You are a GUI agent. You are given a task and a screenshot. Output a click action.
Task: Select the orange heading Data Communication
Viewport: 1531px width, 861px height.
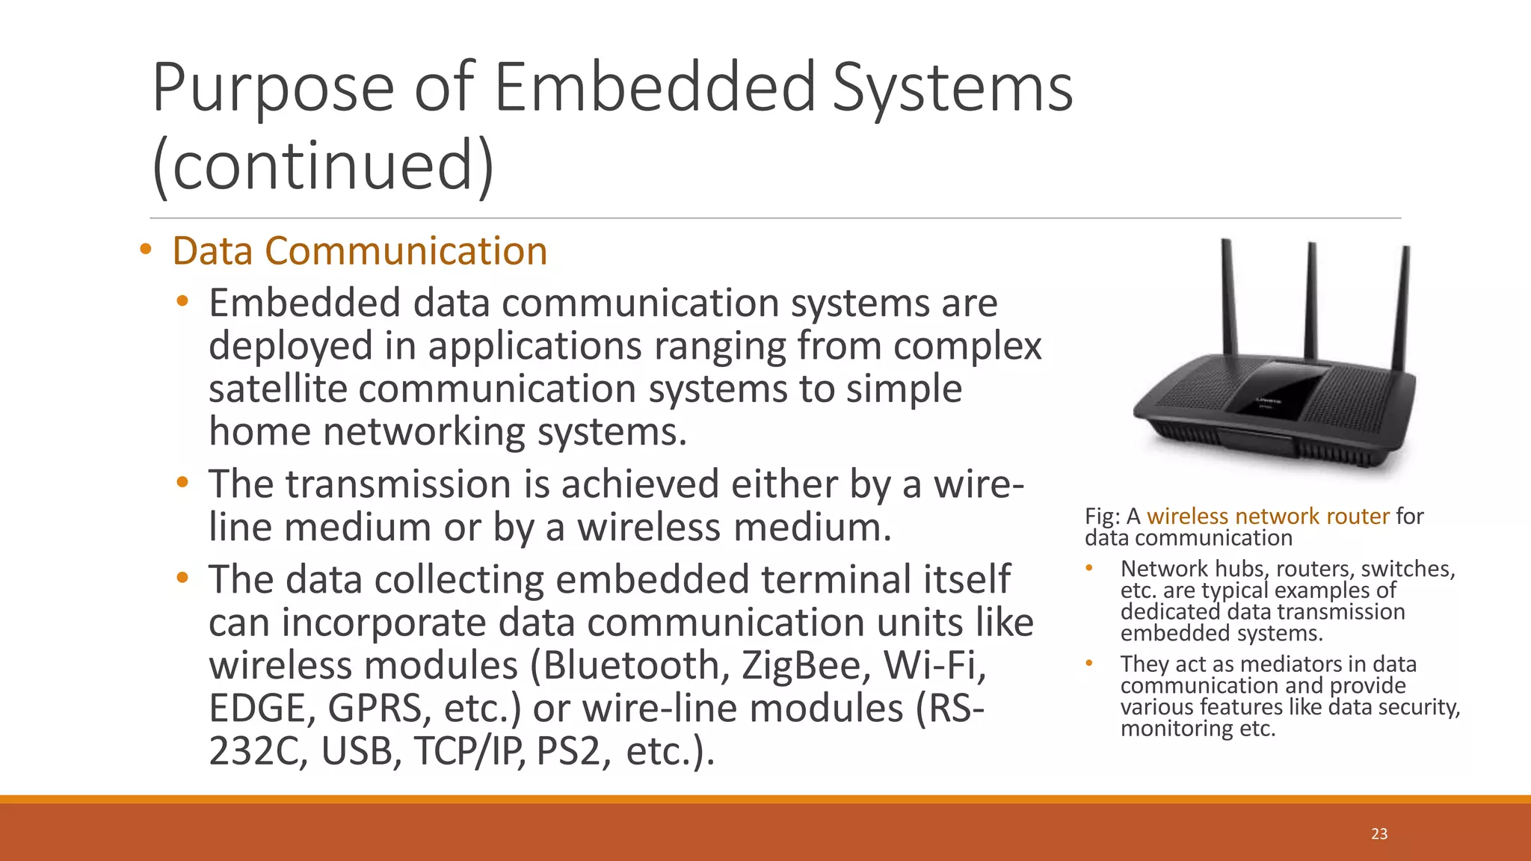360,251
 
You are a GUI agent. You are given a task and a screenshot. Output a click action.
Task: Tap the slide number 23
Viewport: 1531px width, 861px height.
1379,833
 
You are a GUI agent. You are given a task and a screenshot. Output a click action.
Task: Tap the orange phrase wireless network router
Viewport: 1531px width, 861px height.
1268,516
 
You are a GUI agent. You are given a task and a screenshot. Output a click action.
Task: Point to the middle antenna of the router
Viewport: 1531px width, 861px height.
1310,299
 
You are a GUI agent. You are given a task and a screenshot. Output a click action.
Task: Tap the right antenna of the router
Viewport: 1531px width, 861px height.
1402,306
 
